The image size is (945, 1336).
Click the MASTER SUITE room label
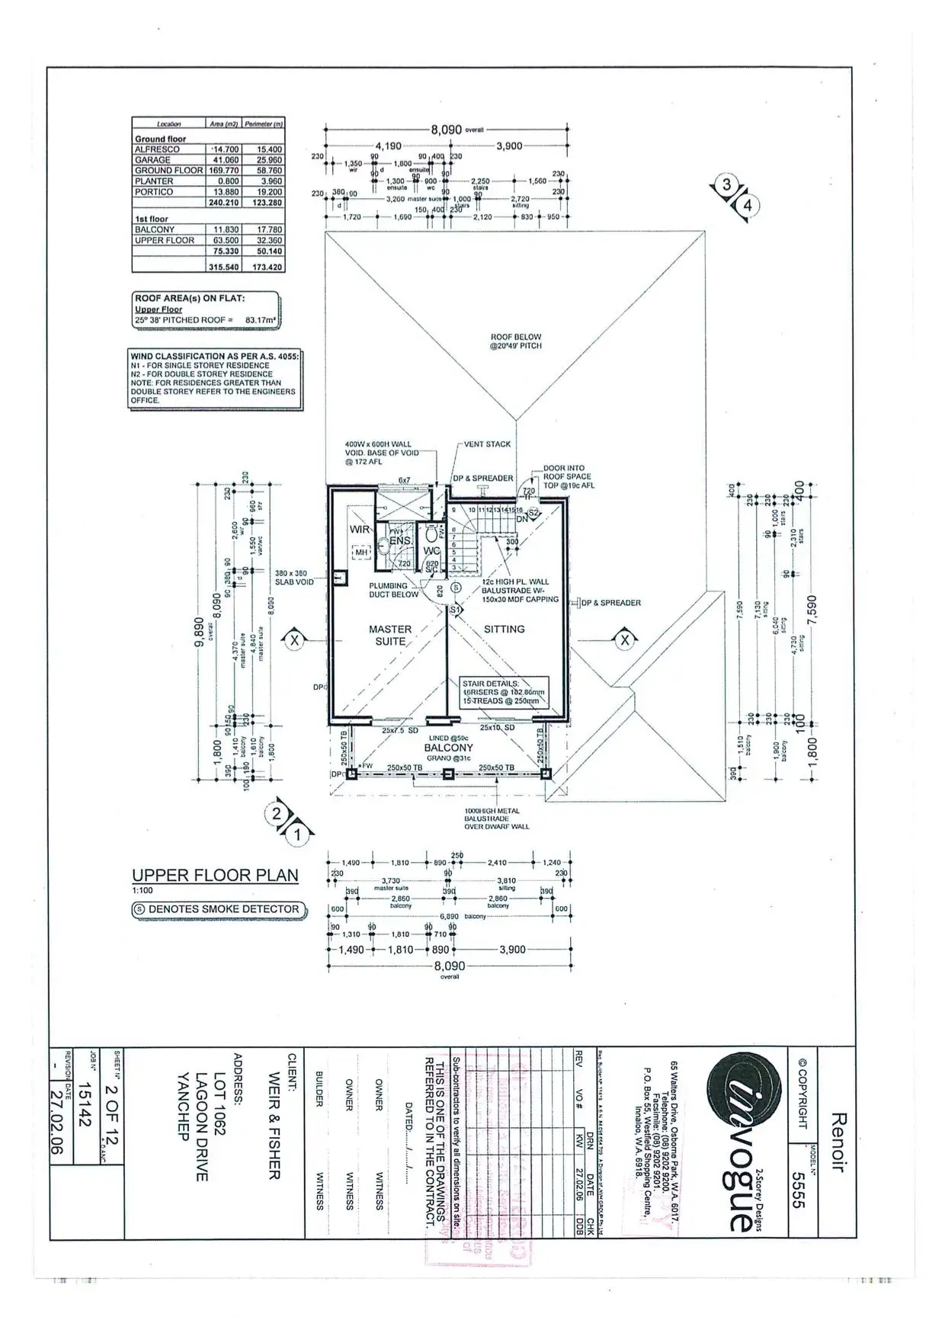[x=389, y=635]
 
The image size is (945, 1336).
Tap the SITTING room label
[x=504, y=629]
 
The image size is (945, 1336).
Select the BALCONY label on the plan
[x=449, y=748]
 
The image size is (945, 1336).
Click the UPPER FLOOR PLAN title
[x=215, y=876]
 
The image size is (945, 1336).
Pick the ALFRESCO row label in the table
[x=158, y=149]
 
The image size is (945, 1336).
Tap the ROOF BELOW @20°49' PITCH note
[x=515, y=341]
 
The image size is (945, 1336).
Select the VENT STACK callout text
[x=487, y=444]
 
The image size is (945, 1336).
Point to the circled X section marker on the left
[x=294, y=641]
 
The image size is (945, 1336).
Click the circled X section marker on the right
[x=625, y=640]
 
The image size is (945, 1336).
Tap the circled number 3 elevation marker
[x=727, y=184]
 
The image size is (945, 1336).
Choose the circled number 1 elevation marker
[x=298, y=835]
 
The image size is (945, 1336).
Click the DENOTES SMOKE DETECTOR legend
[x=217, y=909]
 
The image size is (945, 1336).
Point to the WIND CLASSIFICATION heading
[x=215, y=356]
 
